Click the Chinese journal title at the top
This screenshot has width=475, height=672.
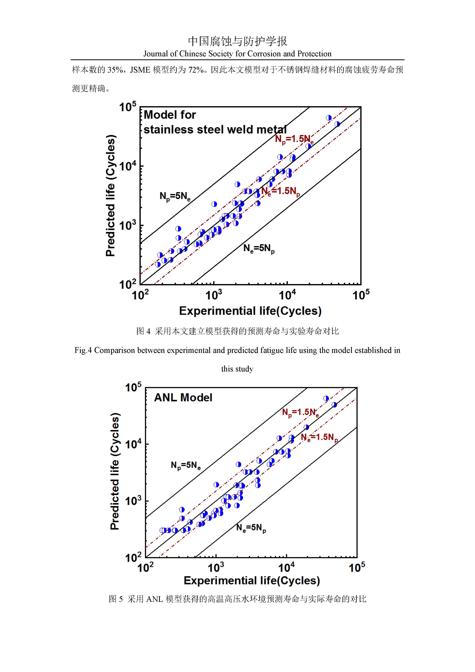(237, 41)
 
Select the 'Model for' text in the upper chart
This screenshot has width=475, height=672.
(170, 115)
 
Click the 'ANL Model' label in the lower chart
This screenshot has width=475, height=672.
(183, 397)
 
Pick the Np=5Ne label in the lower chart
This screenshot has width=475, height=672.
(186, 465)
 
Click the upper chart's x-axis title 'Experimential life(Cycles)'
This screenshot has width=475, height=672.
(250, 311)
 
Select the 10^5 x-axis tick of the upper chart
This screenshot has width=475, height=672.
(361, 295)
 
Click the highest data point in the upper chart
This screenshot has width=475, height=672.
(329, 118)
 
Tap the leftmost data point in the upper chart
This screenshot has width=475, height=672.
(158, 265)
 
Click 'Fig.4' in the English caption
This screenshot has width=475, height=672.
(83, 350)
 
